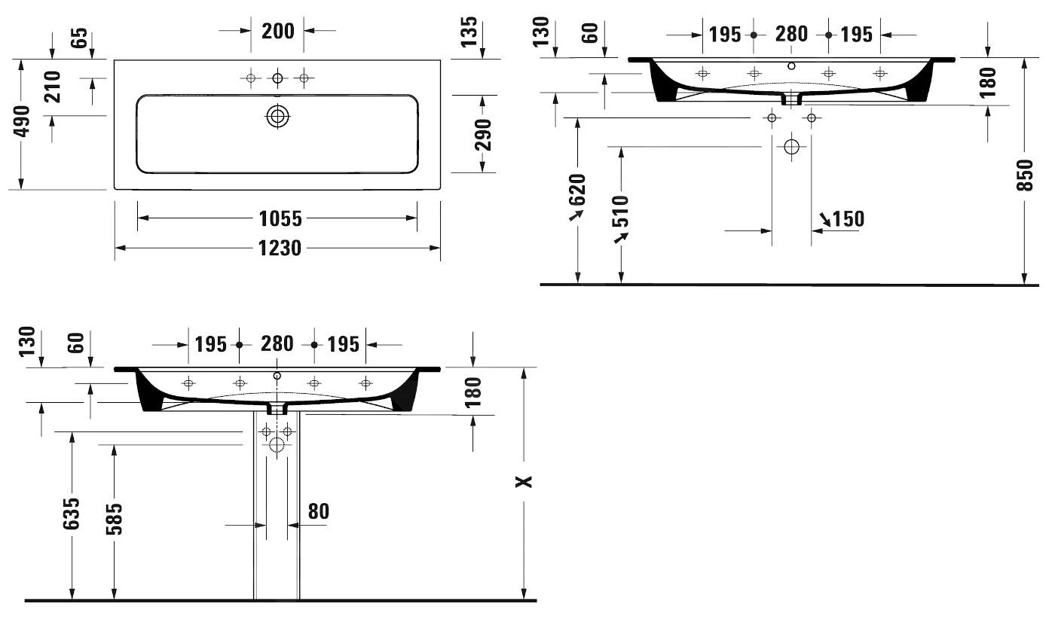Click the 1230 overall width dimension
(x=280, y=248)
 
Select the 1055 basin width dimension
(x=280, y=218)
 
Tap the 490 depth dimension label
(x=22, y=121)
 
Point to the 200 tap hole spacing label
(x=278, y=31)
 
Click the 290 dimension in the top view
(x=483, y=135)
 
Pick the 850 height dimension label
(x=1025, y=175)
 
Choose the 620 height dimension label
(x=577, y=190)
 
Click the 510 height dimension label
(x=621, y=211)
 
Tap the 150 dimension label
(x=849, y=219)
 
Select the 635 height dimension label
(x=72, y=514)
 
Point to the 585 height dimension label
(x=114, y=519)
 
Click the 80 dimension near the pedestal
(x=318, y=511)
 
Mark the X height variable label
(x=524, y=481)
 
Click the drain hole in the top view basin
(x=278, y=116)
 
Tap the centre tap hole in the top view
(x=278, y=78)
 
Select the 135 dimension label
(x=469, y=32)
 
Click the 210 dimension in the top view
(x=52, y=87)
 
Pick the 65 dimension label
(x=79, y=38)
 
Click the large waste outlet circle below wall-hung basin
(x=792, y=147)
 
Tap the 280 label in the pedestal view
(x=277, y=343)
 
